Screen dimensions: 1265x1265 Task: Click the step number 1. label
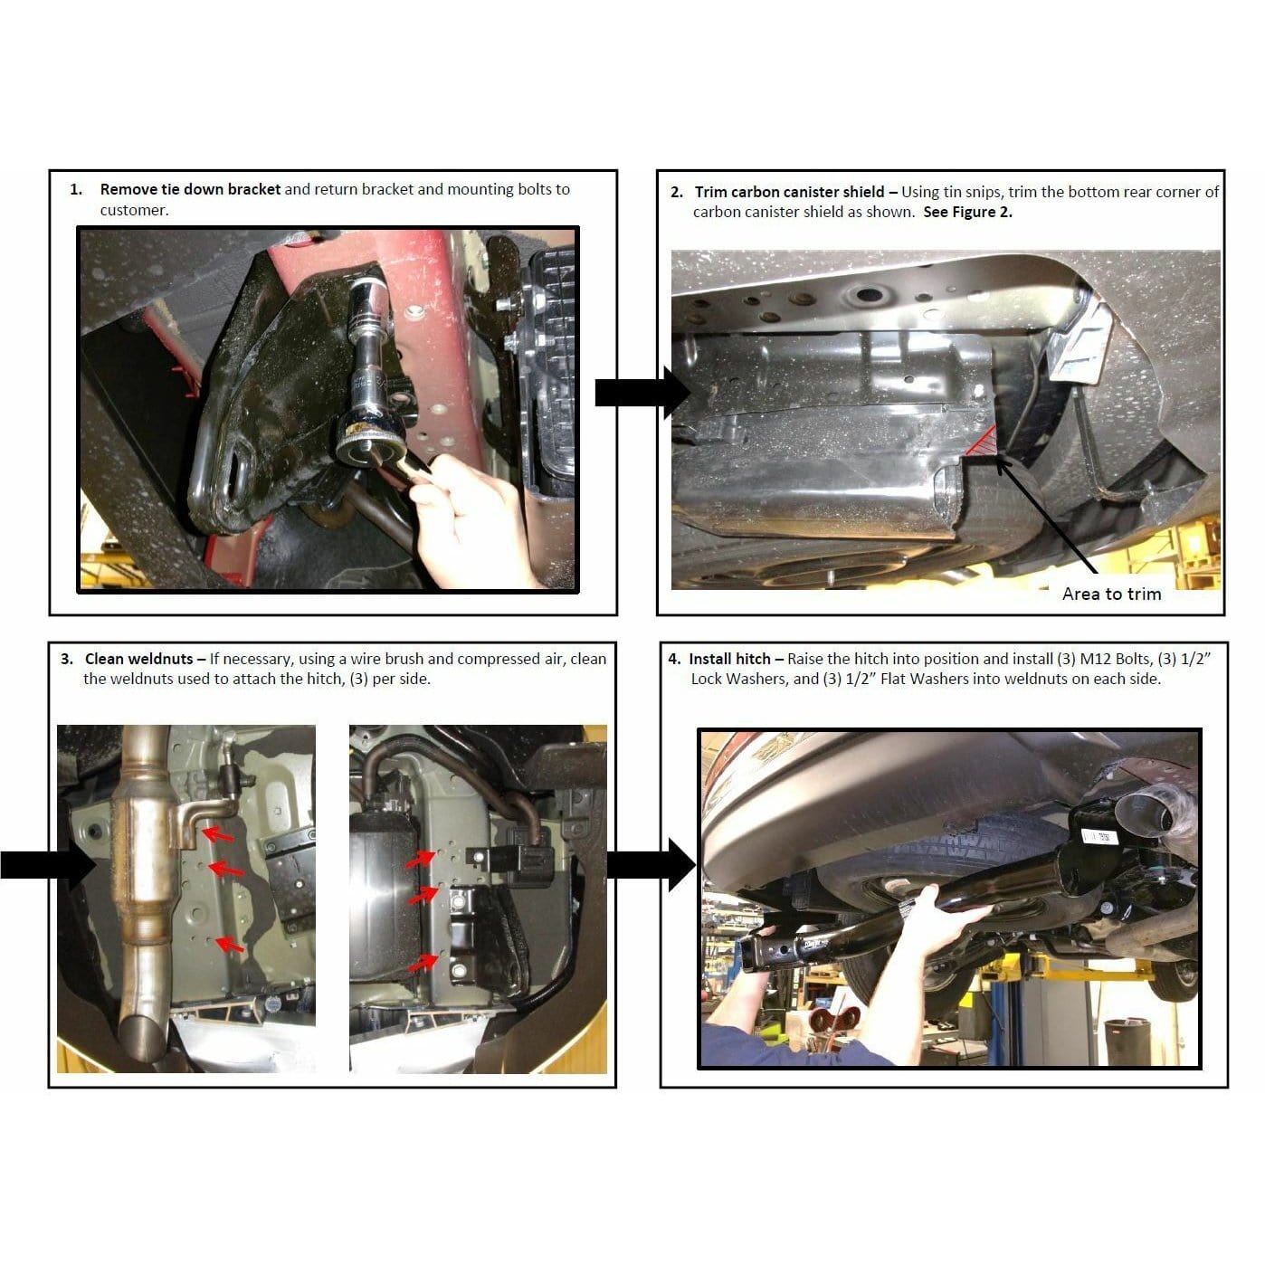point(77,190)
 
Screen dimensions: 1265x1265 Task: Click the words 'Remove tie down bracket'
point(190,190)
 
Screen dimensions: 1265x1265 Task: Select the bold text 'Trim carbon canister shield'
point(789,192)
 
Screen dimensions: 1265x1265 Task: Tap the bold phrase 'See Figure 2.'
point(967,213)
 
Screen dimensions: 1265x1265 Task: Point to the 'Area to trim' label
point(1111,594)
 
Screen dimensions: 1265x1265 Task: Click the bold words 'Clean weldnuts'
point(138,659)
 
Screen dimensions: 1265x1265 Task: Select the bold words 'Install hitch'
point(729,659)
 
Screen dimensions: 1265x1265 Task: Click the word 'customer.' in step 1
point(134,211)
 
